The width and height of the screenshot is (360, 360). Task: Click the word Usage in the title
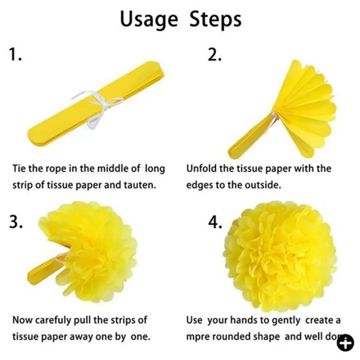point(149,19)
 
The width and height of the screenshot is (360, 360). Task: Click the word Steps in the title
point(215,19)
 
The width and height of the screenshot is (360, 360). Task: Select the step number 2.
point(214,55)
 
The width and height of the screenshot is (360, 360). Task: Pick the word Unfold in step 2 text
point(202,168)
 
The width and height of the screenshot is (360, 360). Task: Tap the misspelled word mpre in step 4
point(198,336)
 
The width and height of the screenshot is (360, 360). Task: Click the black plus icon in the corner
point(344,344)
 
